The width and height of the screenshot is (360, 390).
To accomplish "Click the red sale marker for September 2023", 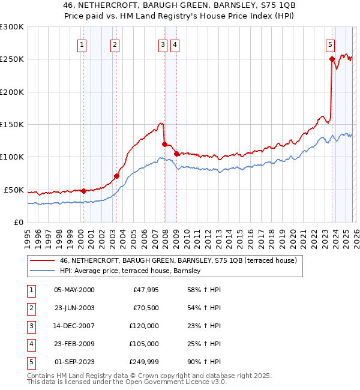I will [332, 59].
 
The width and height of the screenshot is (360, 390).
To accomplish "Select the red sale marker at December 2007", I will [164, 144].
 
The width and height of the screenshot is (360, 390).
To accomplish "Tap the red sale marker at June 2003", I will [116, 176].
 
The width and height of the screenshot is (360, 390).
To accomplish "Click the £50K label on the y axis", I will [14, 190].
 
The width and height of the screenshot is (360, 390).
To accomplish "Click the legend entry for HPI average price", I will [130, 271].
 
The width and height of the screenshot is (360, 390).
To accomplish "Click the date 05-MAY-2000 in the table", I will [74, 290].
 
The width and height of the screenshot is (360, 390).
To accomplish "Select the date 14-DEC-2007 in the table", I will [74, 326].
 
